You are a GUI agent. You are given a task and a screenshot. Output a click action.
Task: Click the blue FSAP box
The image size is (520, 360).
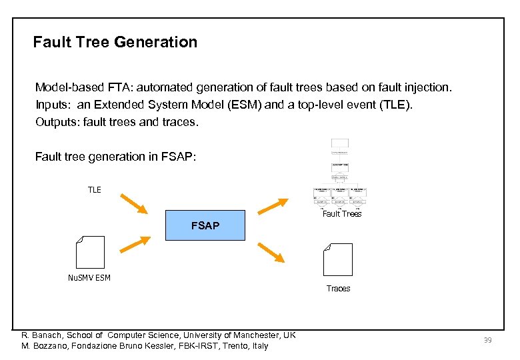tap(205, 226)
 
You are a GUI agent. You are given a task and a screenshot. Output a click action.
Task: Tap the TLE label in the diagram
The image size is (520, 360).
tap(95, 190)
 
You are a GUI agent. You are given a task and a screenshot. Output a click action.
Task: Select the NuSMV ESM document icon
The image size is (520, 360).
tap(91, 253)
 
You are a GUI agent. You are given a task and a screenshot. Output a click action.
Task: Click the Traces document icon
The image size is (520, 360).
tap(337, 260)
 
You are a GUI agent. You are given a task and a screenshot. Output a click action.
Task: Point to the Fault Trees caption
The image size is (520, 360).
tap(341, 214)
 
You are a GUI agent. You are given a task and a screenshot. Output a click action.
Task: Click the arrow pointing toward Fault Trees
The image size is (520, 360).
tap(273, 205)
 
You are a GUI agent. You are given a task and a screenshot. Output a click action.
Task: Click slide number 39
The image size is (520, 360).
tap(487, 341)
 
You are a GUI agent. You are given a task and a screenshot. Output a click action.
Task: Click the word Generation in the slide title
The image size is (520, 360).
tap(156, 42)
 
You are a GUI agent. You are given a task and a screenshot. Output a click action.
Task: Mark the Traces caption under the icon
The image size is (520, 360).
tap(338, 289)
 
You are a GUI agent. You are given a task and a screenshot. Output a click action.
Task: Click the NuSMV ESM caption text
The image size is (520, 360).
tap(89, 278)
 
